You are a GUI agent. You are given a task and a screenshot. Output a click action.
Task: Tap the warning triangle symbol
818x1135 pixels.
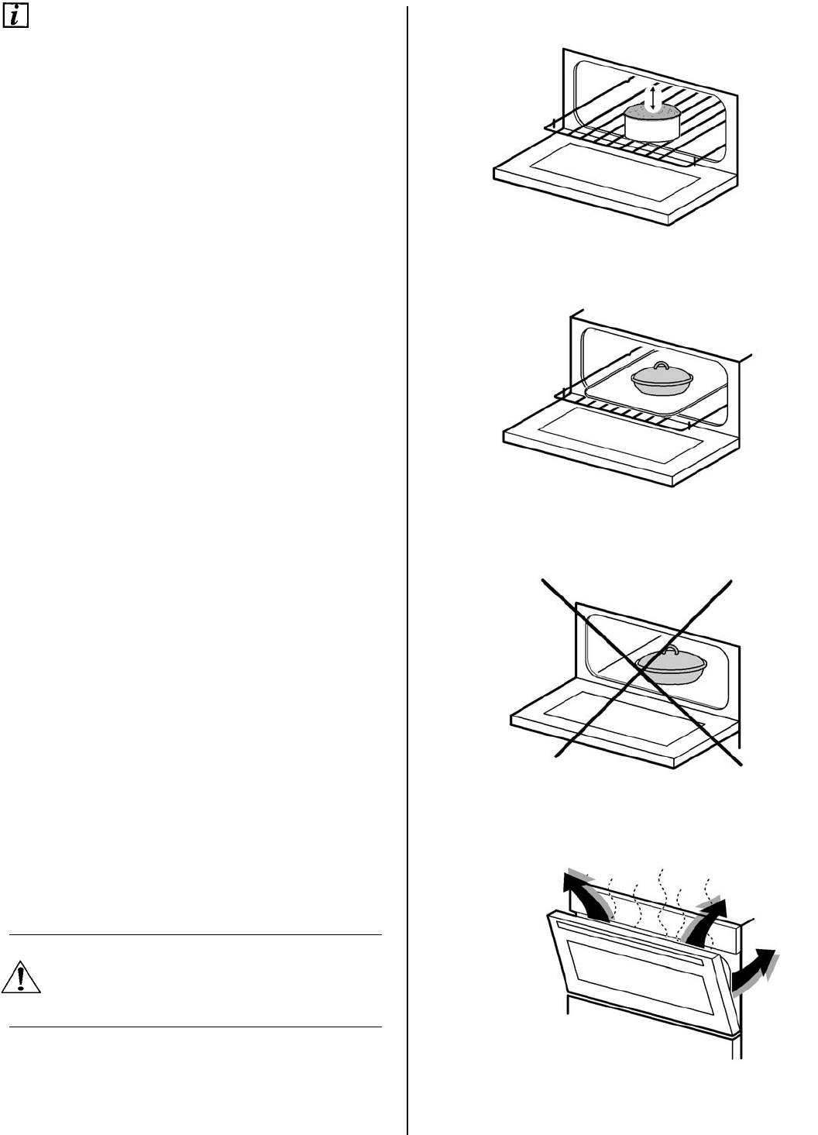coord(21,978)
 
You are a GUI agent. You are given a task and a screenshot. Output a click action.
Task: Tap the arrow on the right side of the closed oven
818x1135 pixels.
coord(754,969)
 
